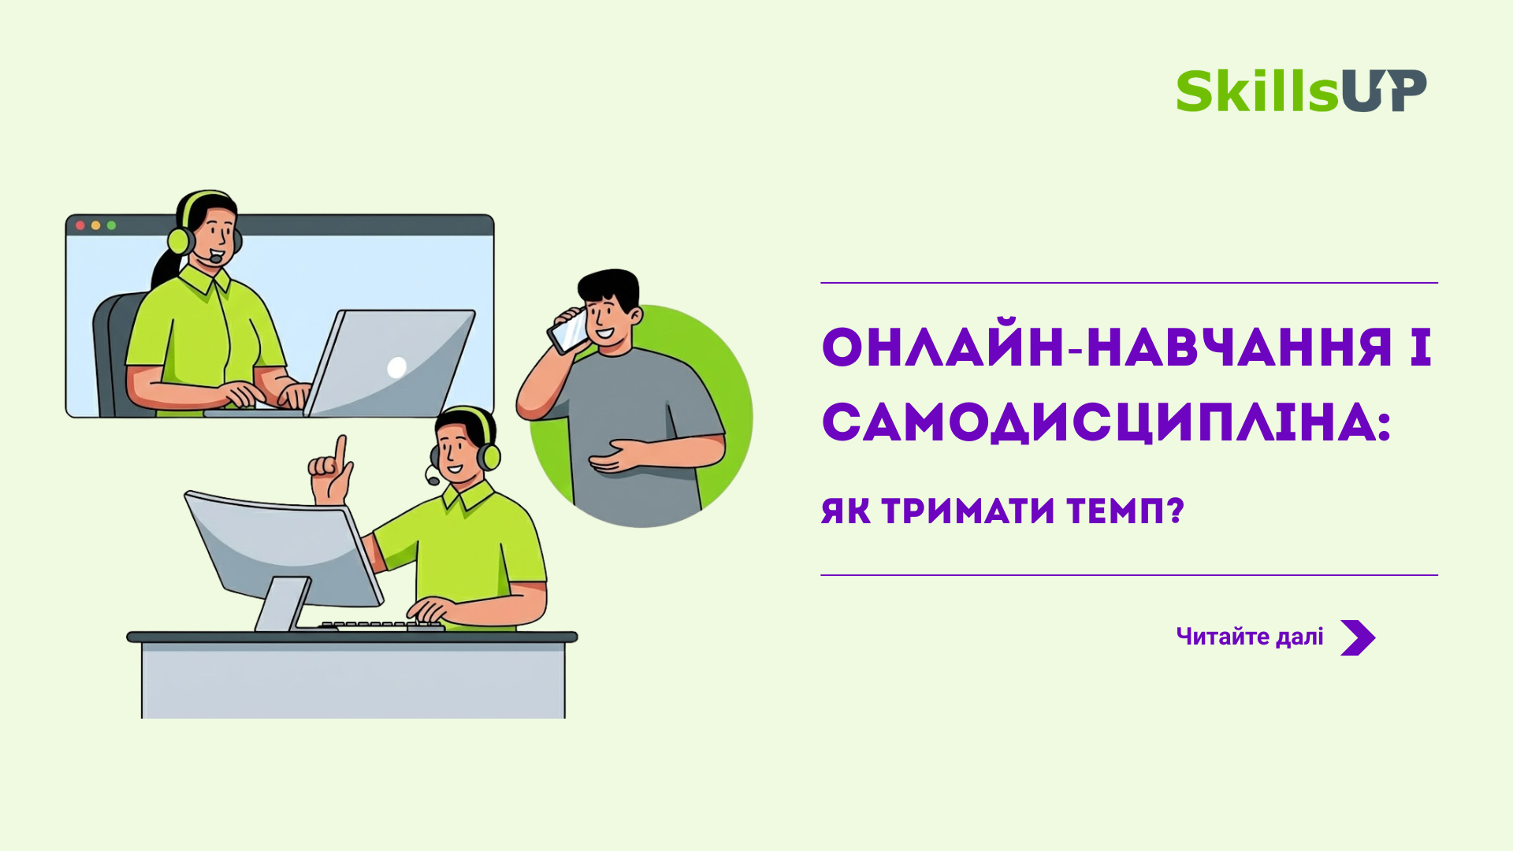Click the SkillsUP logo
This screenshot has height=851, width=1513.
1301,91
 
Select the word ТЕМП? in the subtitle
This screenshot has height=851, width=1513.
1125,511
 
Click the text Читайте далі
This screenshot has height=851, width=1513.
1250,637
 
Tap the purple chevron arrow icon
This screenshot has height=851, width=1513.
1358,637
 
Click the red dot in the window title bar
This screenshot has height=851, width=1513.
80,225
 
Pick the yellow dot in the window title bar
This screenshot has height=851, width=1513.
96,225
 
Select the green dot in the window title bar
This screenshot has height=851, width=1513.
112,225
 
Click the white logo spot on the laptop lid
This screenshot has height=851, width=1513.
397,367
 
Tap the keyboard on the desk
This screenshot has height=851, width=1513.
382,626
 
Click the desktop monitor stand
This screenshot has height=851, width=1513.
282,605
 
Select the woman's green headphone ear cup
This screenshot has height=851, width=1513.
180,240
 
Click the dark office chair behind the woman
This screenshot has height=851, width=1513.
114,355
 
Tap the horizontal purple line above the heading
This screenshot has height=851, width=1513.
1129,282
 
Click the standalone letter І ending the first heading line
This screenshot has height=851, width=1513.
1421,347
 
